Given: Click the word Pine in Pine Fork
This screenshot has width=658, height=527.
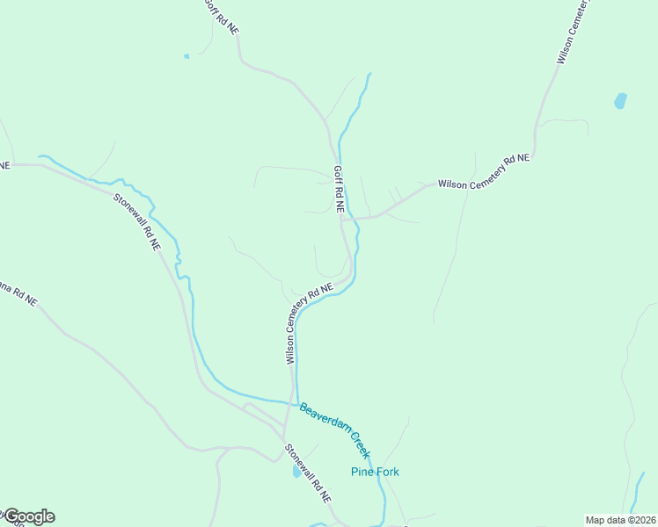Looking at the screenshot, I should point(362,472).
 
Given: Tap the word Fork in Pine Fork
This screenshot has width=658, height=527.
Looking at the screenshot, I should point(387,472).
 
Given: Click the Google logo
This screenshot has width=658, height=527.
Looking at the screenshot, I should point(28,516).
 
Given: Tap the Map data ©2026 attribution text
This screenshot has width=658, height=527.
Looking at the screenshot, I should point(619,520).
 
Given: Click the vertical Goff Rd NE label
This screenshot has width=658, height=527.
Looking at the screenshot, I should point(338,190).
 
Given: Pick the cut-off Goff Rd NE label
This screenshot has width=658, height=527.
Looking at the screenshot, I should point(221,16).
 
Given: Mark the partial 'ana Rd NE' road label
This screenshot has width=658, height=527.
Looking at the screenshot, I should point(18,292).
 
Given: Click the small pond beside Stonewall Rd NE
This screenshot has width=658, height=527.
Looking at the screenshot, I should point(296,472).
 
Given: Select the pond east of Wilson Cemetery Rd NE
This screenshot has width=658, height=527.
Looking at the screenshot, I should point(620,100).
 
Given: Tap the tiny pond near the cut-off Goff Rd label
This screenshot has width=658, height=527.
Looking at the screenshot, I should point(186,56).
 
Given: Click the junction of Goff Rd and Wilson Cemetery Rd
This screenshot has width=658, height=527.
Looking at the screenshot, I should point(343,218).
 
